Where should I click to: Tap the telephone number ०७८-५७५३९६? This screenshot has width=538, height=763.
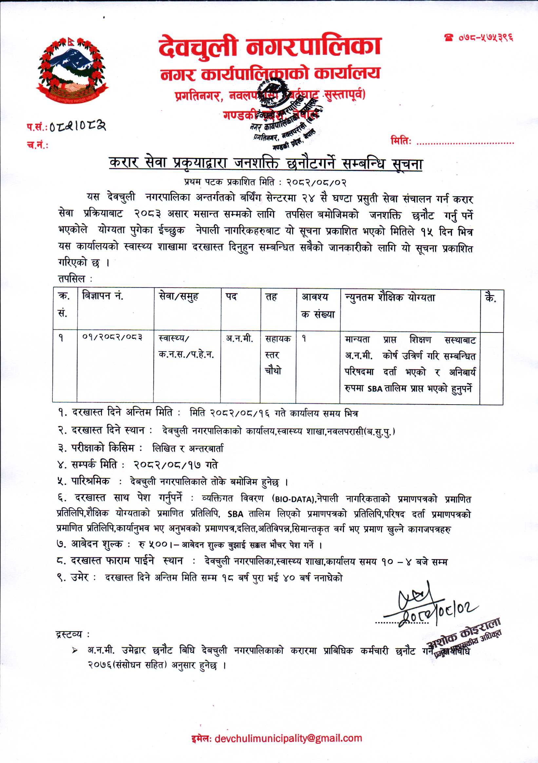click(480, 38)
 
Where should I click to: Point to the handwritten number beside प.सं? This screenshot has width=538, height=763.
click(78, 126)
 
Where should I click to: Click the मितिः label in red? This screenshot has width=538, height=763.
click(401, 141)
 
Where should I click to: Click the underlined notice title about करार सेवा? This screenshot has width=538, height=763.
click(266, 163)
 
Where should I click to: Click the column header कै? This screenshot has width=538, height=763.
click(491, 297)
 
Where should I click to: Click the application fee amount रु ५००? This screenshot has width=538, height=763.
click(154, 545)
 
